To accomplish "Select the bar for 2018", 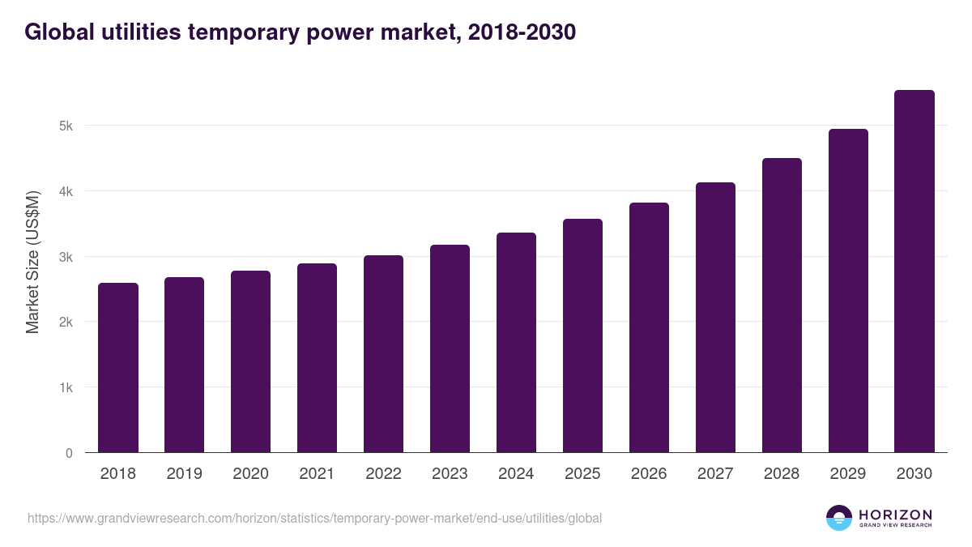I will [118, 368].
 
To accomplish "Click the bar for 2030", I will [914, 271].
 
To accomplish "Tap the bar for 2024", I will [516, 343].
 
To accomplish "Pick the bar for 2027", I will [715, 318].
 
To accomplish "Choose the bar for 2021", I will [317, 358].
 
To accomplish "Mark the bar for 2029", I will [848, 291].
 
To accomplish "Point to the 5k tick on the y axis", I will [66, 126].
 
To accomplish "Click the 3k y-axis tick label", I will [66, 257].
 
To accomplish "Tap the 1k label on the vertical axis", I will [66, 387].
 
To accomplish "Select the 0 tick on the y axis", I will [69, 453].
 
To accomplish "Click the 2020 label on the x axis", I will [250, 474].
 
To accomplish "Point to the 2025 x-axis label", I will [582, 474].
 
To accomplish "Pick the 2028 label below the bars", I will [782, 474].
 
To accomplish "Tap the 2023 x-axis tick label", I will [450, 474].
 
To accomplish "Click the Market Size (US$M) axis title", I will [33, 263].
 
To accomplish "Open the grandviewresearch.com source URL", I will [314, 518].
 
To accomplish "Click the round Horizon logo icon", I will [839, 518].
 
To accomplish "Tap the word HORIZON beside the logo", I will [895, 515].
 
